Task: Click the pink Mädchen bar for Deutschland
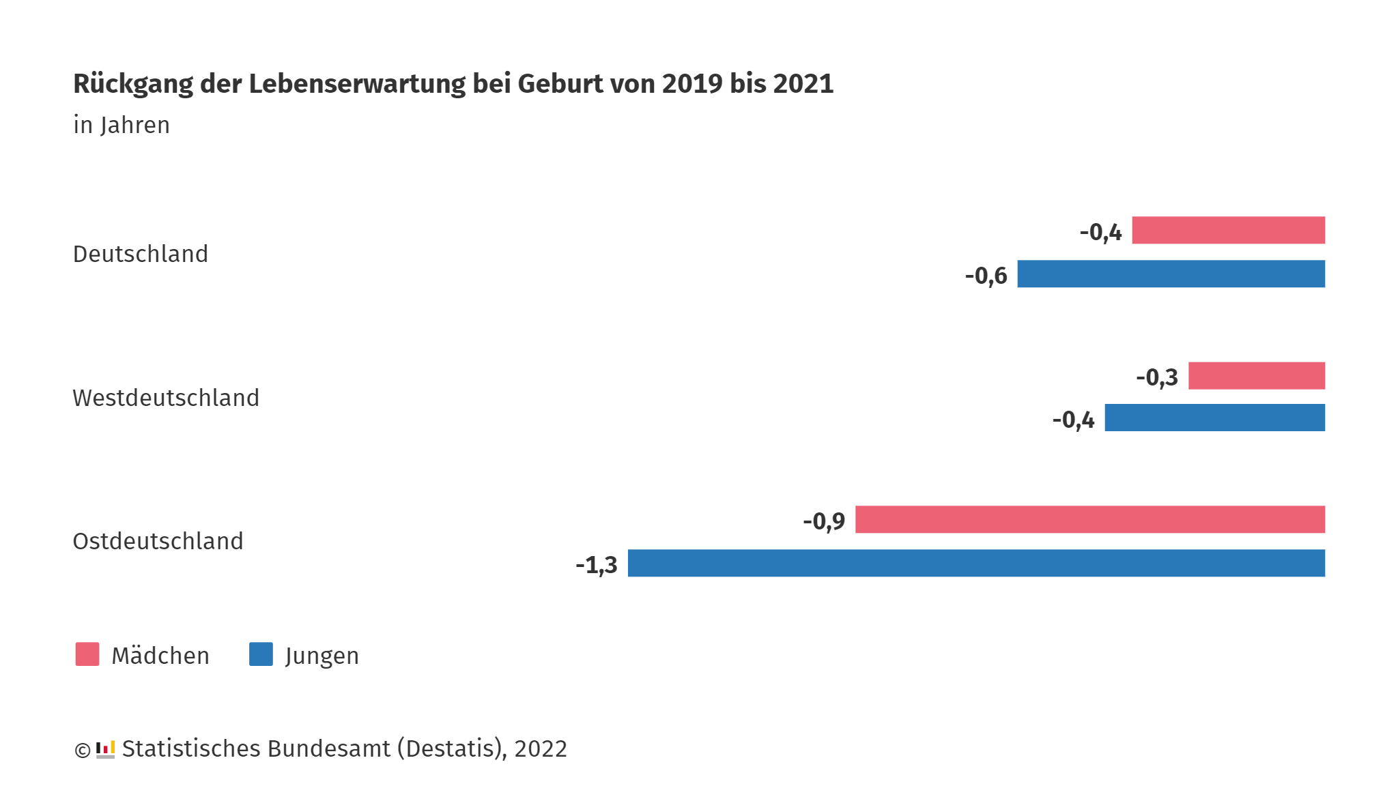1228,230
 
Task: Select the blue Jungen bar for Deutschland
1171,274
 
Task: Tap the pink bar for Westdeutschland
1256,375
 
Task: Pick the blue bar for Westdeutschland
1214,418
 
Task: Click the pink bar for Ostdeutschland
1089,519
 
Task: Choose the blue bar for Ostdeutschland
976,563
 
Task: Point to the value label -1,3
597,565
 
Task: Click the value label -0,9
824,521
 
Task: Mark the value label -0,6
986,276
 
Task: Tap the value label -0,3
1157,377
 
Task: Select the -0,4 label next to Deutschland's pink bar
1100,232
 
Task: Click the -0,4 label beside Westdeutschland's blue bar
1073,420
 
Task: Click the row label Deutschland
141,254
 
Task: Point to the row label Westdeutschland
166,398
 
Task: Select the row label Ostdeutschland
158,541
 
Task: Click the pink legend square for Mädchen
87,654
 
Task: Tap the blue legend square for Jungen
261,654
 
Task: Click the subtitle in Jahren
122,126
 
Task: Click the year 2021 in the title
803,84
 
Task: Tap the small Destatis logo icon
105,749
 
